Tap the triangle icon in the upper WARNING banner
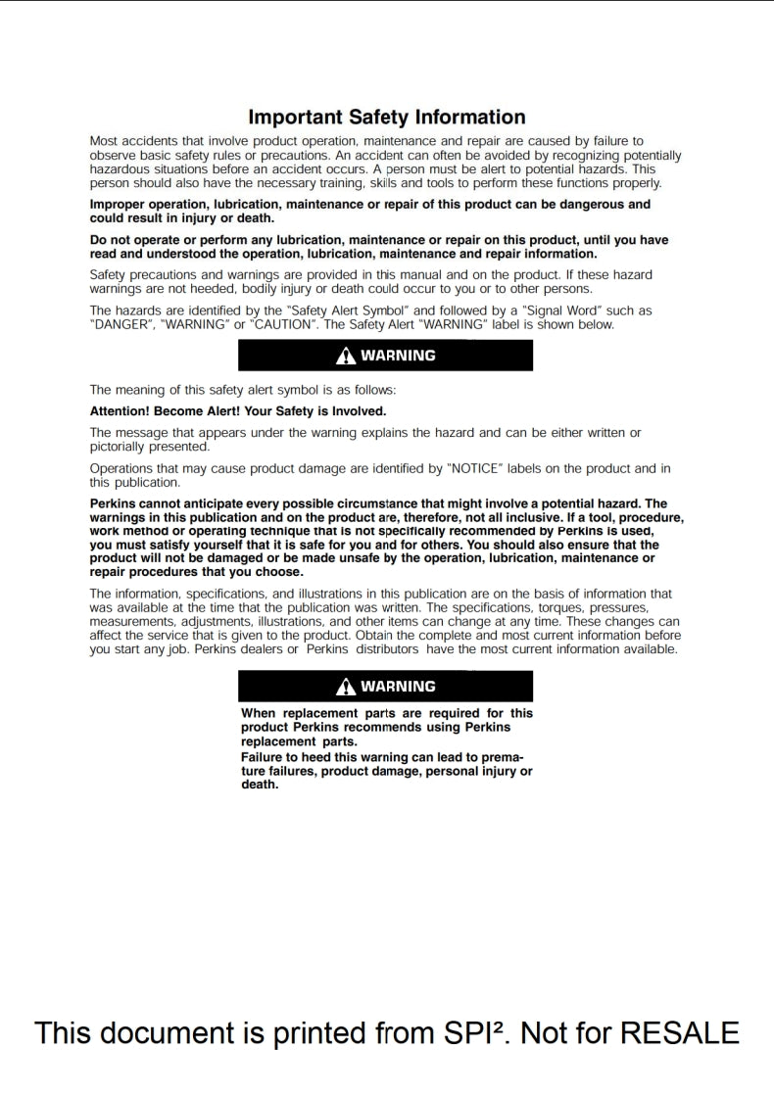pos(344,357)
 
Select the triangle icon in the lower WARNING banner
pos(344,688)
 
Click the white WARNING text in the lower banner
pos(398,688)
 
